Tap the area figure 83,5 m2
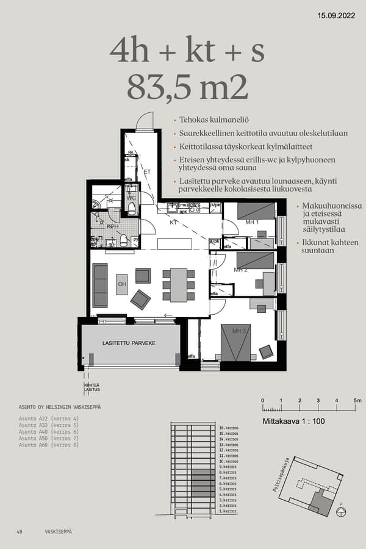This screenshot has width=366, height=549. [188, 87]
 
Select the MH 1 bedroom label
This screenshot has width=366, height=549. [253, 223]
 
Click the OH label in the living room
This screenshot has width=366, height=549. [122, 284]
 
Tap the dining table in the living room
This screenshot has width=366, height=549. [179, 285]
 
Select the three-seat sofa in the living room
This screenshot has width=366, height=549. [100, 285]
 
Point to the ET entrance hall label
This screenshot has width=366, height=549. [146, 173]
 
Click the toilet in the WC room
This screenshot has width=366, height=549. [131, 209]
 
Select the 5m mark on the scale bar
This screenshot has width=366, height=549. [357, 400]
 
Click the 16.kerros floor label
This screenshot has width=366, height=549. [228, 429]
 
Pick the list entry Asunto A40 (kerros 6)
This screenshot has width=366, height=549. [49, 432]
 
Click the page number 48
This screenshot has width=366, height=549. [20, 532]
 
